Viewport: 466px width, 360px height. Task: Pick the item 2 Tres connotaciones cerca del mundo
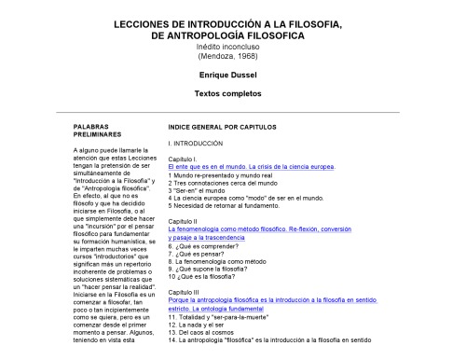point(225,183)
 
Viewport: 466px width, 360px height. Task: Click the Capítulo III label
point(183,292)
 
